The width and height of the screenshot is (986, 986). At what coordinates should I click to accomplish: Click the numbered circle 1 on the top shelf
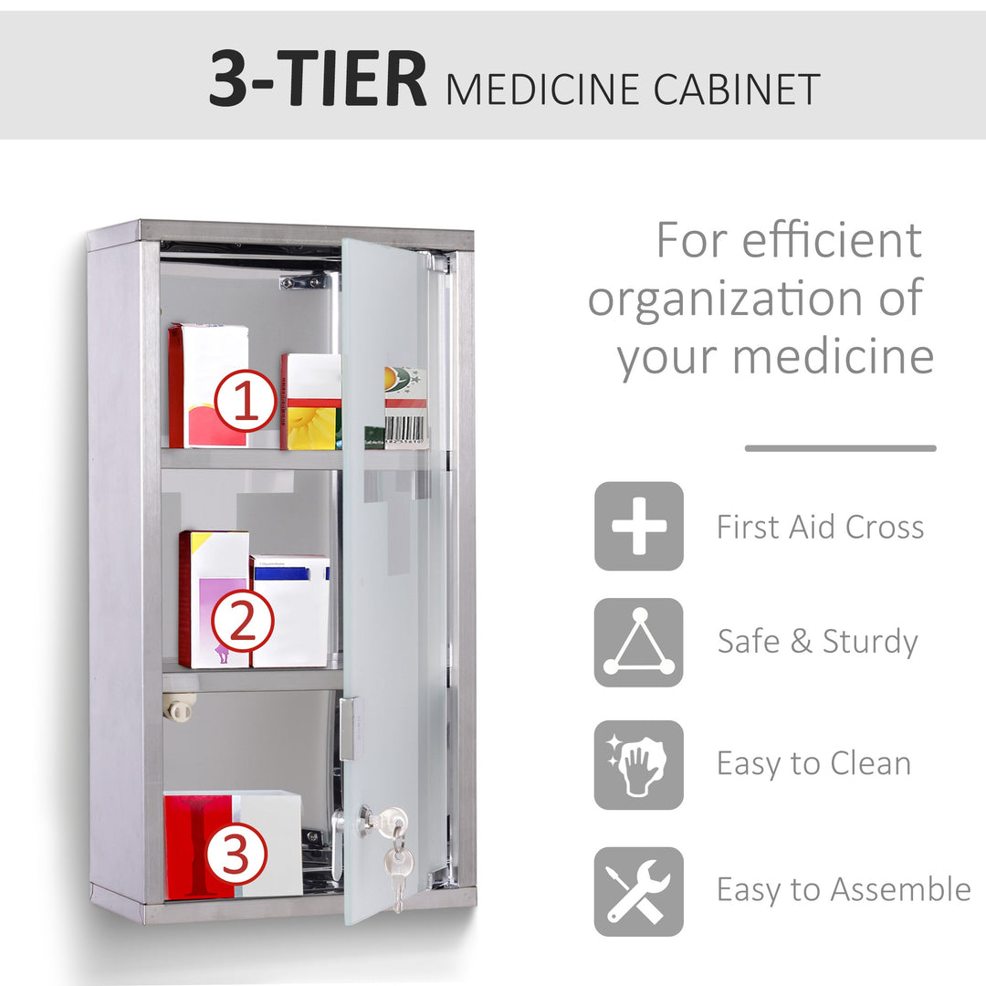246,401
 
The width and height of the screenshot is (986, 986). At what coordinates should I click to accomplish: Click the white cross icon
638,527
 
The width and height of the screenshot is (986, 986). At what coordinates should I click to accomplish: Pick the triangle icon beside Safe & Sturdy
638,643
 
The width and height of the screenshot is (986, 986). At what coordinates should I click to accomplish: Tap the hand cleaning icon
638,765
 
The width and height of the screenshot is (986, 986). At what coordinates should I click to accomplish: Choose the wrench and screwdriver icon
638,891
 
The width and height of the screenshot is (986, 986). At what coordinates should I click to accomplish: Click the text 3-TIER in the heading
317,81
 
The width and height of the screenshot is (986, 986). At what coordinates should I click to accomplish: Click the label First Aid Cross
820,528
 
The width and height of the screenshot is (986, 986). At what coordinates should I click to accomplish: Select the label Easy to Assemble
843,889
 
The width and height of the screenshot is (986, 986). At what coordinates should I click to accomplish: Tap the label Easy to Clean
813,763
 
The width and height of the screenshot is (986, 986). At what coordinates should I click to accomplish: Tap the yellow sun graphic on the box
311,427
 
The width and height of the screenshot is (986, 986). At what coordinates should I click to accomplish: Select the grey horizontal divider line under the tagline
840,448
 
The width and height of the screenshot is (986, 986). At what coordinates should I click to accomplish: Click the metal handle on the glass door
347,729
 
